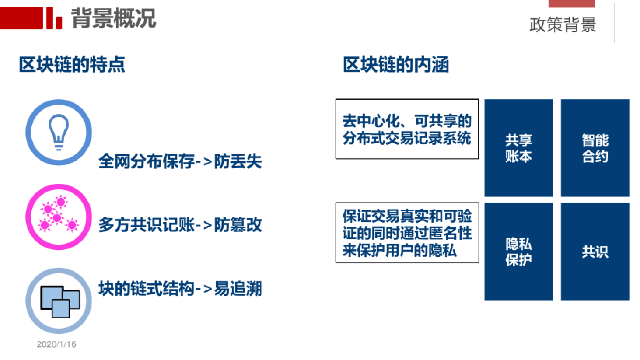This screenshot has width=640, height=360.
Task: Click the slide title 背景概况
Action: point(113,18)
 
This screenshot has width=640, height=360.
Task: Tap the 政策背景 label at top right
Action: point(563,25)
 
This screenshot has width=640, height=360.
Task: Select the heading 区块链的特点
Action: point(72,65)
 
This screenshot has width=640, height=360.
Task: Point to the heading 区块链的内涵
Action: point(396,65)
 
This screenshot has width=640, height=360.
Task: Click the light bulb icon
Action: point(59,132)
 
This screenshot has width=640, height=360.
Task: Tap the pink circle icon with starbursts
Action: point(59,217)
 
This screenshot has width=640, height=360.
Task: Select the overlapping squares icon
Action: point(59,301)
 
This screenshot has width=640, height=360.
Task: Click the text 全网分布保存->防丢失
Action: point(180,161)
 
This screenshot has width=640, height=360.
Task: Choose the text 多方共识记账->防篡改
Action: point(180,225)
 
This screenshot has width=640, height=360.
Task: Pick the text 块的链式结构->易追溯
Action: point(180,289)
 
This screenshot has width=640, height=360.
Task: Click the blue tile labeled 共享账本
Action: point(518,148)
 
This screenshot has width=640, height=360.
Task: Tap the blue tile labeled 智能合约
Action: point(595,148)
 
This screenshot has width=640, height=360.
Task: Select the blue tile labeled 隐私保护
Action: point(518,252)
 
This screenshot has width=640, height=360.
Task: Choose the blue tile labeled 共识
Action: point(595,252)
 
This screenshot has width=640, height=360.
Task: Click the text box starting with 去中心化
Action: point(407,129)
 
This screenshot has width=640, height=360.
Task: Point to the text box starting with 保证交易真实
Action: point(407,233)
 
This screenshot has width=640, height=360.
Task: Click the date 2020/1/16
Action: point(56,344)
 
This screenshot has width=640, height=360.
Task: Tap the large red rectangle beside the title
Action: point(21,18)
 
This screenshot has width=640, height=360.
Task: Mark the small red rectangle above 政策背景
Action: point(571,3)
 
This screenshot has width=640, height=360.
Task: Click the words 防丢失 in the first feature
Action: point(238,161)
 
